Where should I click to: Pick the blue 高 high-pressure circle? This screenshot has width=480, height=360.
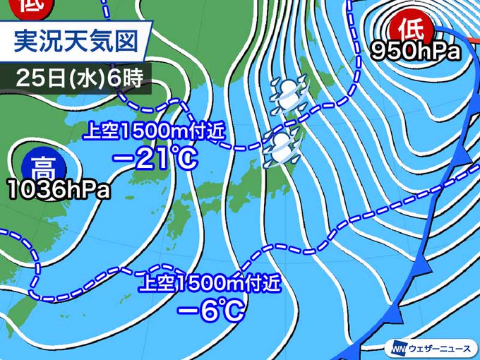(44, 168)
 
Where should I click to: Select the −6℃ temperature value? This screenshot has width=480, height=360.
(211, 309)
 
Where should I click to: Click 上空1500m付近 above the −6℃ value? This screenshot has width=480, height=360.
(210, 283)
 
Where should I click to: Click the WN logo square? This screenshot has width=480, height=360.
(395, 348)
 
